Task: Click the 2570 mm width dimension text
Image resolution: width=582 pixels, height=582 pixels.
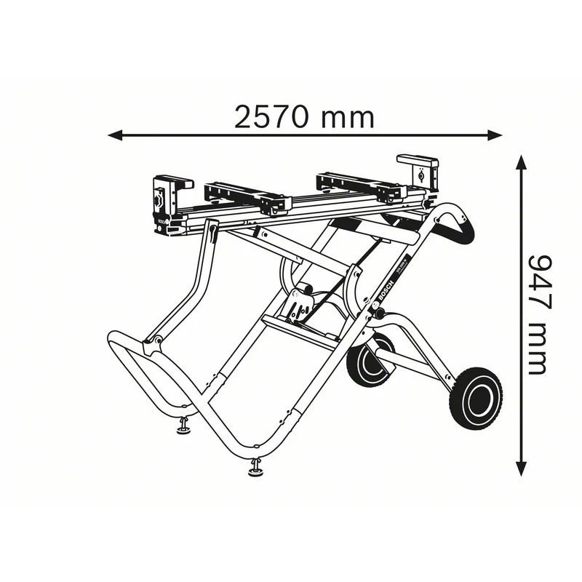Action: pos(303,117)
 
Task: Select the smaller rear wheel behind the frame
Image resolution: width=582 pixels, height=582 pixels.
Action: pos(368,360)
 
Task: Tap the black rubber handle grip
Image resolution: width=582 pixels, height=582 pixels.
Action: pos(463,222)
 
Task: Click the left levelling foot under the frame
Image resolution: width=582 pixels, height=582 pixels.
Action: pos(183,427)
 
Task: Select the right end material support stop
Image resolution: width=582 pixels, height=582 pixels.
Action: pos(418,170)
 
